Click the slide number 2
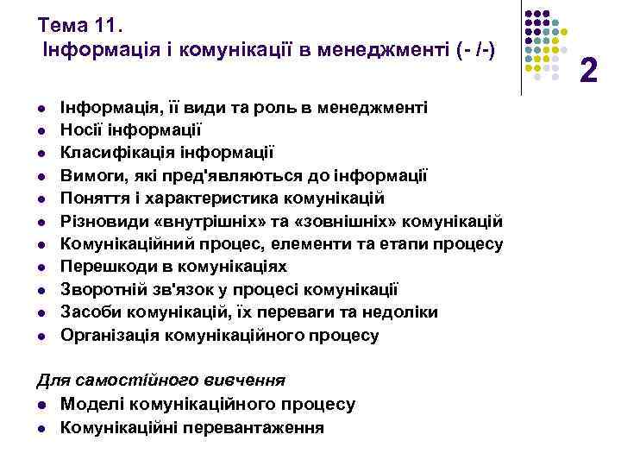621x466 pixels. (589, 68)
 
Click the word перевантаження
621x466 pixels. (256, 426)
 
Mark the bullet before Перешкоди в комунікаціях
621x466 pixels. (41, 267)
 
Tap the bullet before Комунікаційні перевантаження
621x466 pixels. (41, 426)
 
